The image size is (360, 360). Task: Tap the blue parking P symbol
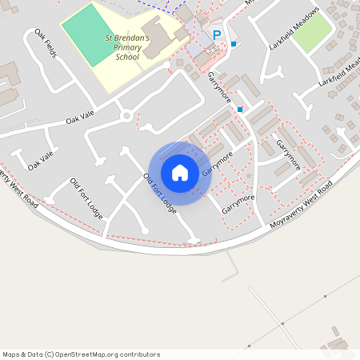[x=216, y=35]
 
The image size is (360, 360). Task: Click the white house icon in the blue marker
[x=180, y=172]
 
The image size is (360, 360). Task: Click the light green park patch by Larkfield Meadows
[x=314, y=34]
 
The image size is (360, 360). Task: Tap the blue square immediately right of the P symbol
[x=234, y=43]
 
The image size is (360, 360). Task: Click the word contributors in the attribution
[x=136, y=354]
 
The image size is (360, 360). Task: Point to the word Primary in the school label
[x=132, y=47]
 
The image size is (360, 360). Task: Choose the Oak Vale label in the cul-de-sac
[x=40, y=160]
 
